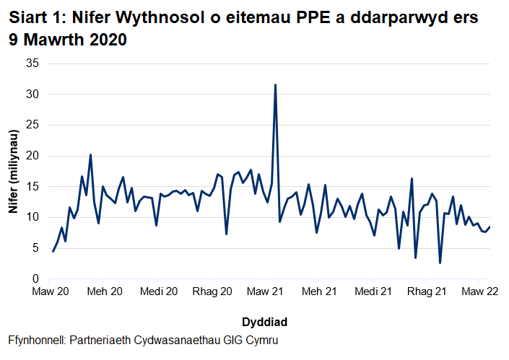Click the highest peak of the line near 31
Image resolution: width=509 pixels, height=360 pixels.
click(275, 85)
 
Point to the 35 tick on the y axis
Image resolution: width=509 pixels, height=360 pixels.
click(32, 63)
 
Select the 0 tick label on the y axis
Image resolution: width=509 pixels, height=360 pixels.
click(35, 279)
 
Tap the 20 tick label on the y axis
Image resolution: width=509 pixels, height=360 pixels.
click(32, 156)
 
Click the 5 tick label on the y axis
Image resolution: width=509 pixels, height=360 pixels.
click(35, 248)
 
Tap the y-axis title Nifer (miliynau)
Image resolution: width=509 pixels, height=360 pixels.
click(13, 172)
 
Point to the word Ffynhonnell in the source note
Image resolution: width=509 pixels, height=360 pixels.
click(38, 340)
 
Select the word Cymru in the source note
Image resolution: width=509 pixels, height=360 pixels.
click(261, 340)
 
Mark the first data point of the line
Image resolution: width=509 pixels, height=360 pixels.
click(53, 251)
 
